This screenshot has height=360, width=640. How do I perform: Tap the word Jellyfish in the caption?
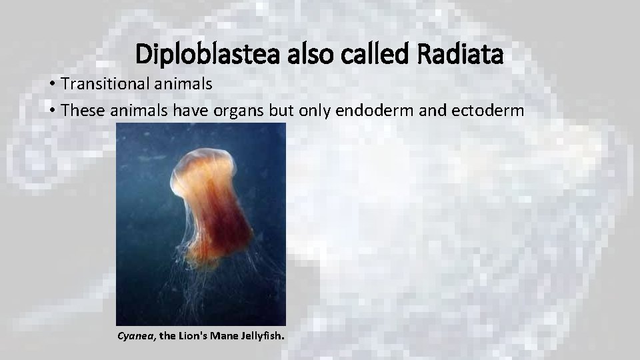tap(264, 336)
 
